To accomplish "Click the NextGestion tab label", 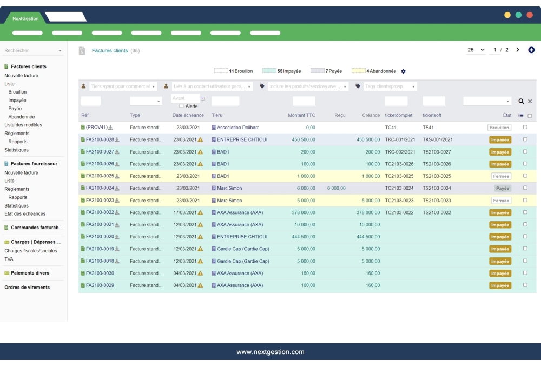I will click(x=25, y=18).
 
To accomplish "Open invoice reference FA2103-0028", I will click(x=100, y=139).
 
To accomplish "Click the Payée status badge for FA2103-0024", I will click(x=502, y=189).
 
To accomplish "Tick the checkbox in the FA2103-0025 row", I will click(x=525, y=176).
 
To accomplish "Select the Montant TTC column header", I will click(x=301, y=115).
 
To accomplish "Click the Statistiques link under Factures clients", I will click(x=16, y=150).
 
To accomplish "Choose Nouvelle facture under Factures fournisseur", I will click(x=21, y=172).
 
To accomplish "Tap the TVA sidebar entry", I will click(x=9, y=259).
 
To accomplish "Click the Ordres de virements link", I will click(x=27, y=287).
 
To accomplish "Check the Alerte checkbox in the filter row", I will click(x=182, y=106).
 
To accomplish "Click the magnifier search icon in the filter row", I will click(x=521, y=101).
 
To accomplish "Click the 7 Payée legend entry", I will click(x=326, y=71).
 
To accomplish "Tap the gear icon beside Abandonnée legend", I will click(x=403, y=71).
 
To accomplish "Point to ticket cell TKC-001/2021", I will click(x=400, y=139).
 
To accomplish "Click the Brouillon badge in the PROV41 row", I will click(x=499, y=128).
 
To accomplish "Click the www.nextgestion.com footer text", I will click(x=270, y=352).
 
